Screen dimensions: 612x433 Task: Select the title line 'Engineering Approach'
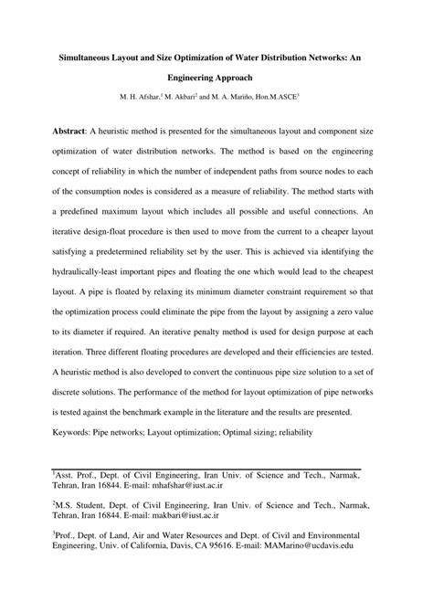point(216,79)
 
